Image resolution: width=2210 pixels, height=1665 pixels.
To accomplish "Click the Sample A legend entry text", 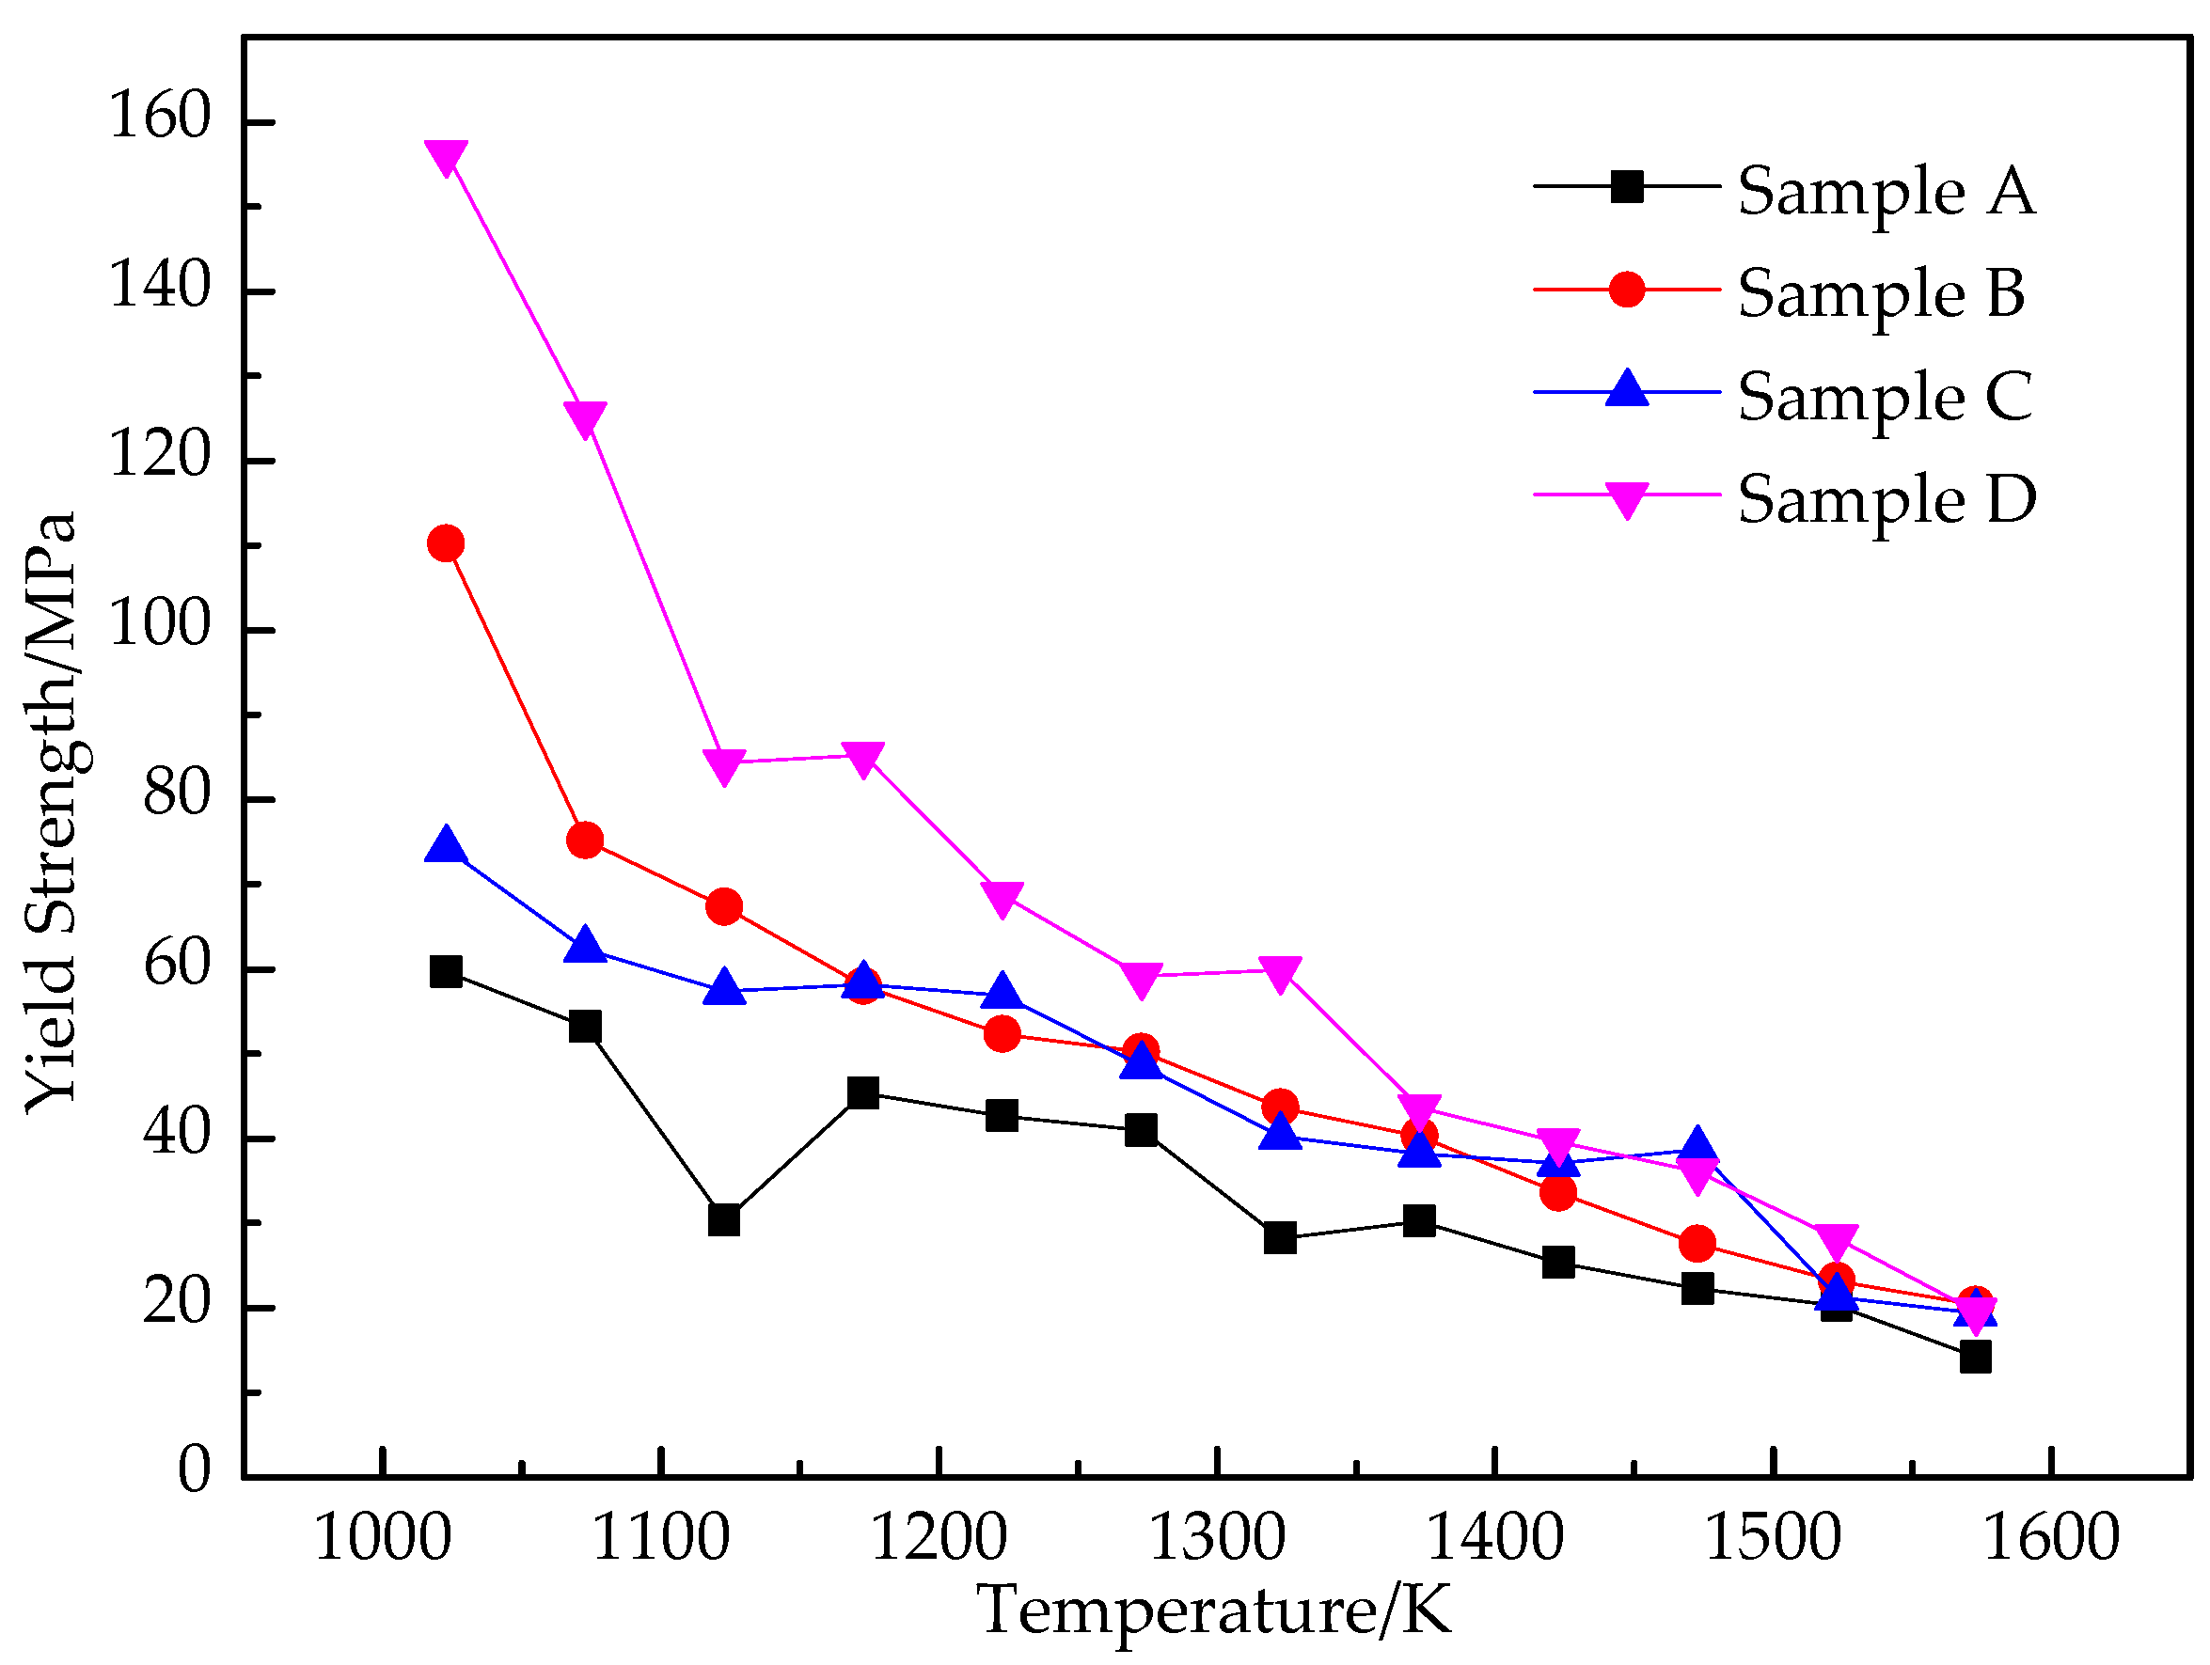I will tap(1886, 191).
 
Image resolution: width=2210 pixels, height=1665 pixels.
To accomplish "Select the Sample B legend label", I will tap(1880, 293).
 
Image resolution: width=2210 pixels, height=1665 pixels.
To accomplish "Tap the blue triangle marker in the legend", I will tap(1627, 389).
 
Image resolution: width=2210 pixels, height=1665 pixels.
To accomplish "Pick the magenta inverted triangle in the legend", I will tap(1627, 497).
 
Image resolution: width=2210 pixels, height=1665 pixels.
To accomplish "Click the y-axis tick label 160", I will tap(160, 115).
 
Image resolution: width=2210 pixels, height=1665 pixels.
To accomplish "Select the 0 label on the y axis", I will tap(194, 1469).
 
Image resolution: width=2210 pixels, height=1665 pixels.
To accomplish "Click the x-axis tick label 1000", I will tap(382, 1537).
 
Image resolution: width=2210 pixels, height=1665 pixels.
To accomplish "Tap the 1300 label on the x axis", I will tap(1216, 1537).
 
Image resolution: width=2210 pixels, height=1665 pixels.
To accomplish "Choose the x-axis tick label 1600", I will tap(2050, 1537).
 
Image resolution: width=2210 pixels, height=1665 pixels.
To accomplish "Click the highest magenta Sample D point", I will tap(446, 156).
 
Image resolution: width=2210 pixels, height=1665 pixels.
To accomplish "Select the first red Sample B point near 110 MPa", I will tap(445, 543).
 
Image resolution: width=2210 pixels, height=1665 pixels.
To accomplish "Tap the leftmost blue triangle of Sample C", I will tap(446, 846).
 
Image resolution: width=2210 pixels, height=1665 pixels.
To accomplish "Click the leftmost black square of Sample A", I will tap(446, 971).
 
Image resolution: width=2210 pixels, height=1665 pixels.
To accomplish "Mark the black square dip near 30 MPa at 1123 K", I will tap(723, 1220).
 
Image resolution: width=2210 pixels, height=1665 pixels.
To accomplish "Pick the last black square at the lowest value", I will tap(1974, 1358).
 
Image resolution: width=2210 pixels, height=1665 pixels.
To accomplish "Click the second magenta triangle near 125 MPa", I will tap(584, 417).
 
